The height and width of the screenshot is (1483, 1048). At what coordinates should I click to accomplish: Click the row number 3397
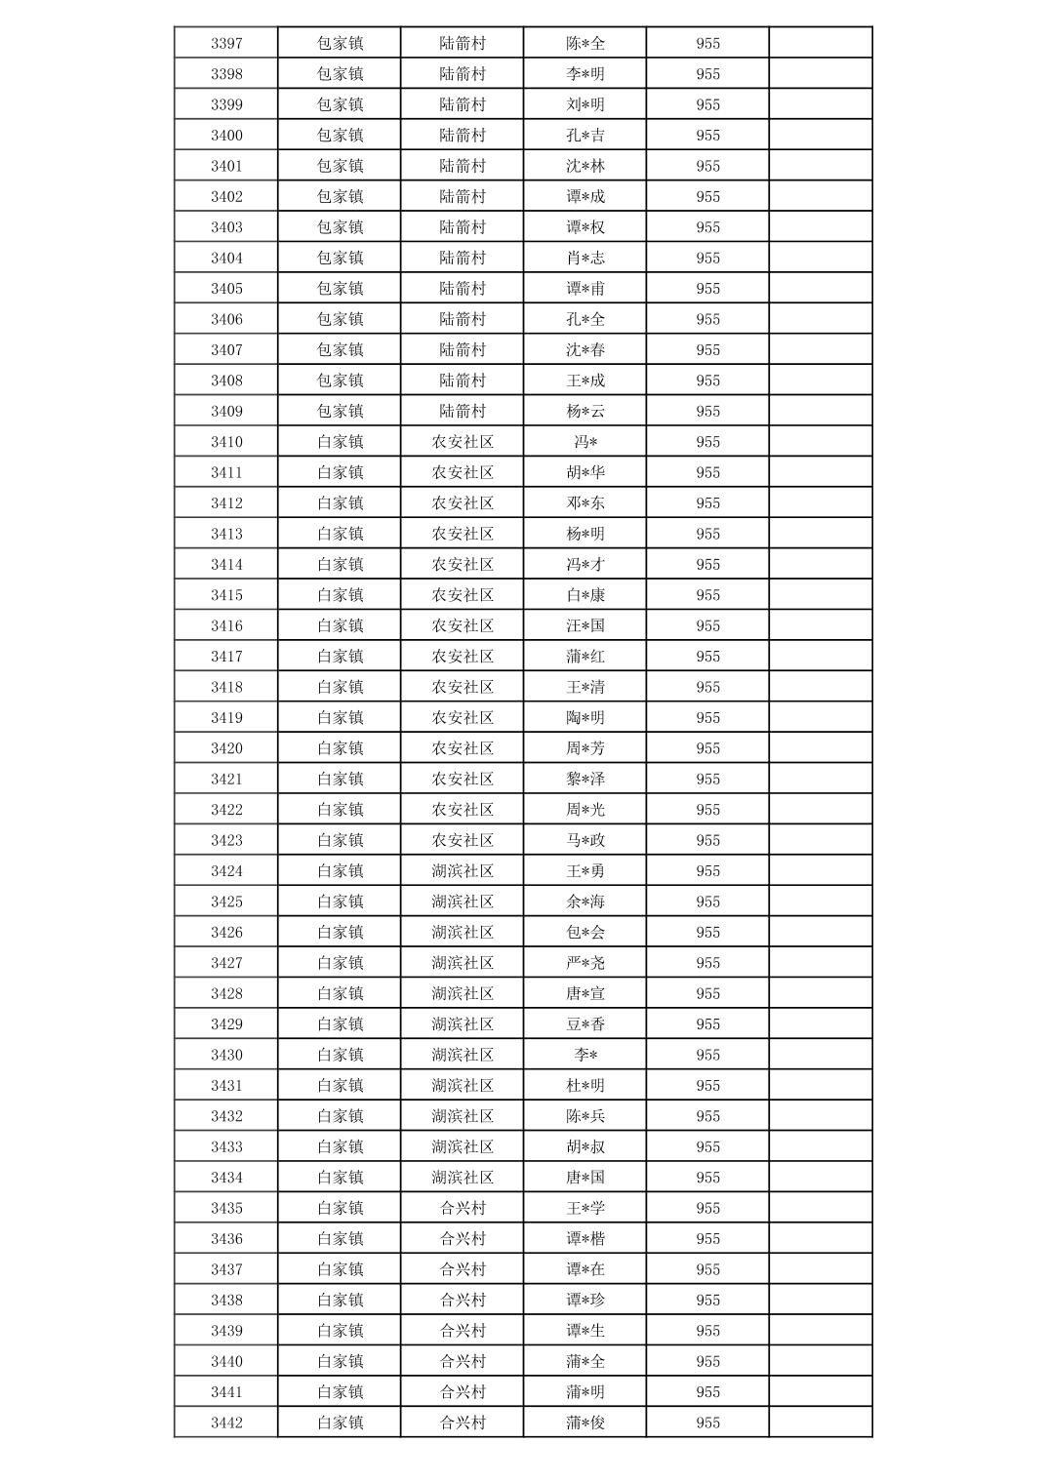click(x=226, y=43)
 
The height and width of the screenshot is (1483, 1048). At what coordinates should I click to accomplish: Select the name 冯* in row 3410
click(x=585, y=442)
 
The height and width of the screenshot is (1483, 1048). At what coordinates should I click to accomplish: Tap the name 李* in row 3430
click(x=585, y=1055)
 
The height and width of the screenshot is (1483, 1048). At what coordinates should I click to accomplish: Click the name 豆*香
click(x=585, y=1024)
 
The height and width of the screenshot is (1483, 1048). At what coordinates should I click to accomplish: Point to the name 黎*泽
click(x=585, y=779)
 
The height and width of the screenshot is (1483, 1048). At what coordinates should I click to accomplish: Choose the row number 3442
click(x=226, y=1423)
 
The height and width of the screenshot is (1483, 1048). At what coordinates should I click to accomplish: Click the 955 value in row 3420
click(x=707, y=748)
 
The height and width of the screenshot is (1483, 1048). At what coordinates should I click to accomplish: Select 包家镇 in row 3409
click(x=340, y=411)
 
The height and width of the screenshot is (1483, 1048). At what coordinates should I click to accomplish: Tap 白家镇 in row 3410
click(x=340, y=442)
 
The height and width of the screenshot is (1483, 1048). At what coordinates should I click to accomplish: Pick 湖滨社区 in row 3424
click(x=463, y=871)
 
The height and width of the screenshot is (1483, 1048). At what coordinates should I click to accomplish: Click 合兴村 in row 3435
click(x=463, y=1208)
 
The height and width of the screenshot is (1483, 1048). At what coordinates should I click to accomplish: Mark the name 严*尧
click(x=585, y=963)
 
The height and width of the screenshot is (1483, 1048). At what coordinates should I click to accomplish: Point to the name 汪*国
click(x=585, y=625)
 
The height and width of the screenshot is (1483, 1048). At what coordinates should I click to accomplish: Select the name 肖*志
click(x=585, y=258)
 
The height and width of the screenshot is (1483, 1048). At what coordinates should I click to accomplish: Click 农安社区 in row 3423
click(x=463, y=840)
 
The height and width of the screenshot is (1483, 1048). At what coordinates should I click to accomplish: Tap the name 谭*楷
click(x=585, y=1239)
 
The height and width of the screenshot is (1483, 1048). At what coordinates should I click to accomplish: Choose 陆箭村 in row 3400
click(x=463, y=136)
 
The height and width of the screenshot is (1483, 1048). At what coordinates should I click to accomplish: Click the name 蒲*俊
click(x=585, y=1423)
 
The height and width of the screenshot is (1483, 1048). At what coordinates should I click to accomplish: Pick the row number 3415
click(x=226, y=595)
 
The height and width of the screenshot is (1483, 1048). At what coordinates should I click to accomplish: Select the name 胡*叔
click(x=585, y=1146)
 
